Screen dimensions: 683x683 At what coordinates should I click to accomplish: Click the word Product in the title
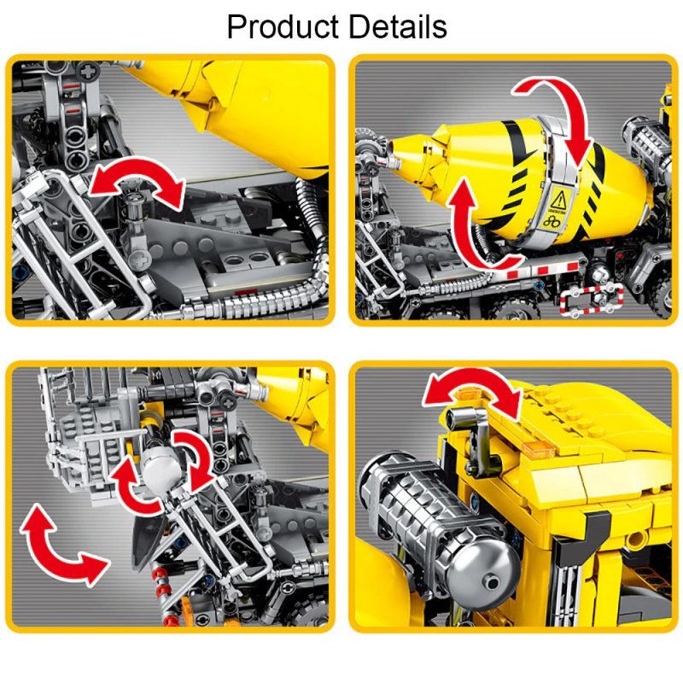281,27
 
